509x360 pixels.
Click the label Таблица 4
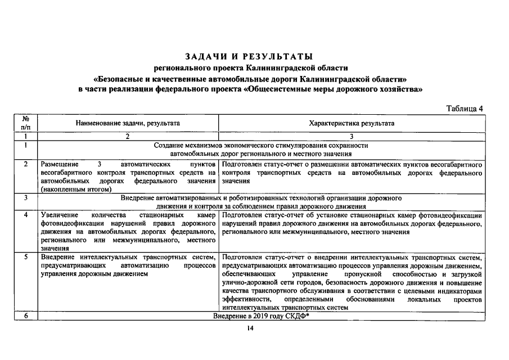(465, 109)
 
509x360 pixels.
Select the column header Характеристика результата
(352, 123)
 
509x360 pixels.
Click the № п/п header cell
(26, 123)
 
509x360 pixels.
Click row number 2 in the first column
(26, 164)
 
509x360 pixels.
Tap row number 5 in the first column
(26, 257)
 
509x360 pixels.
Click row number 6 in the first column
(26, 317)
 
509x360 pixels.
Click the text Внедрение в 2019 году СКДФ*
(262, 317)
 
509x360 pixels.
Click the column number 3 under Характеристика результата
(352, 136)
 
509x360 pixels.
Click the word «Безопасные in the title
(121, 79)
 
